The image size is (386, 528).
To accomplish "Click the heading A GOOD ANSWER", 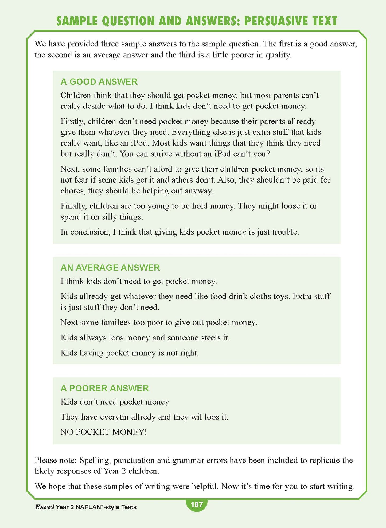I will click(99, 82).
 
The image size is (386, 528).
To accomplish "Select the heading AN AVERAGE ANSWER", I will click(110, 267).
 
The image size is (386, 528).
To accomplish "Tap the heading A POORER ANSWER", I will click(104, 388).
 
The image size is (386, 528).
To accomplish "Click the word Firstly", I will click(73, 122).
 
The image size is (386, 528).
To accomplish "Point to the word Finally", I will click(74, 206).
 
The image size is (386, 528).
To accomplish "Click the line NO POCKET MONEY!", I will click(104, 432).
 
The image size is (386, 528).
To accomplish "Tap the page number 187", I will click(197, 505).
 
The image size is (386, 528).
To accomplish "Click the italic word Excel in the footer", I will click(45, 507).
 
